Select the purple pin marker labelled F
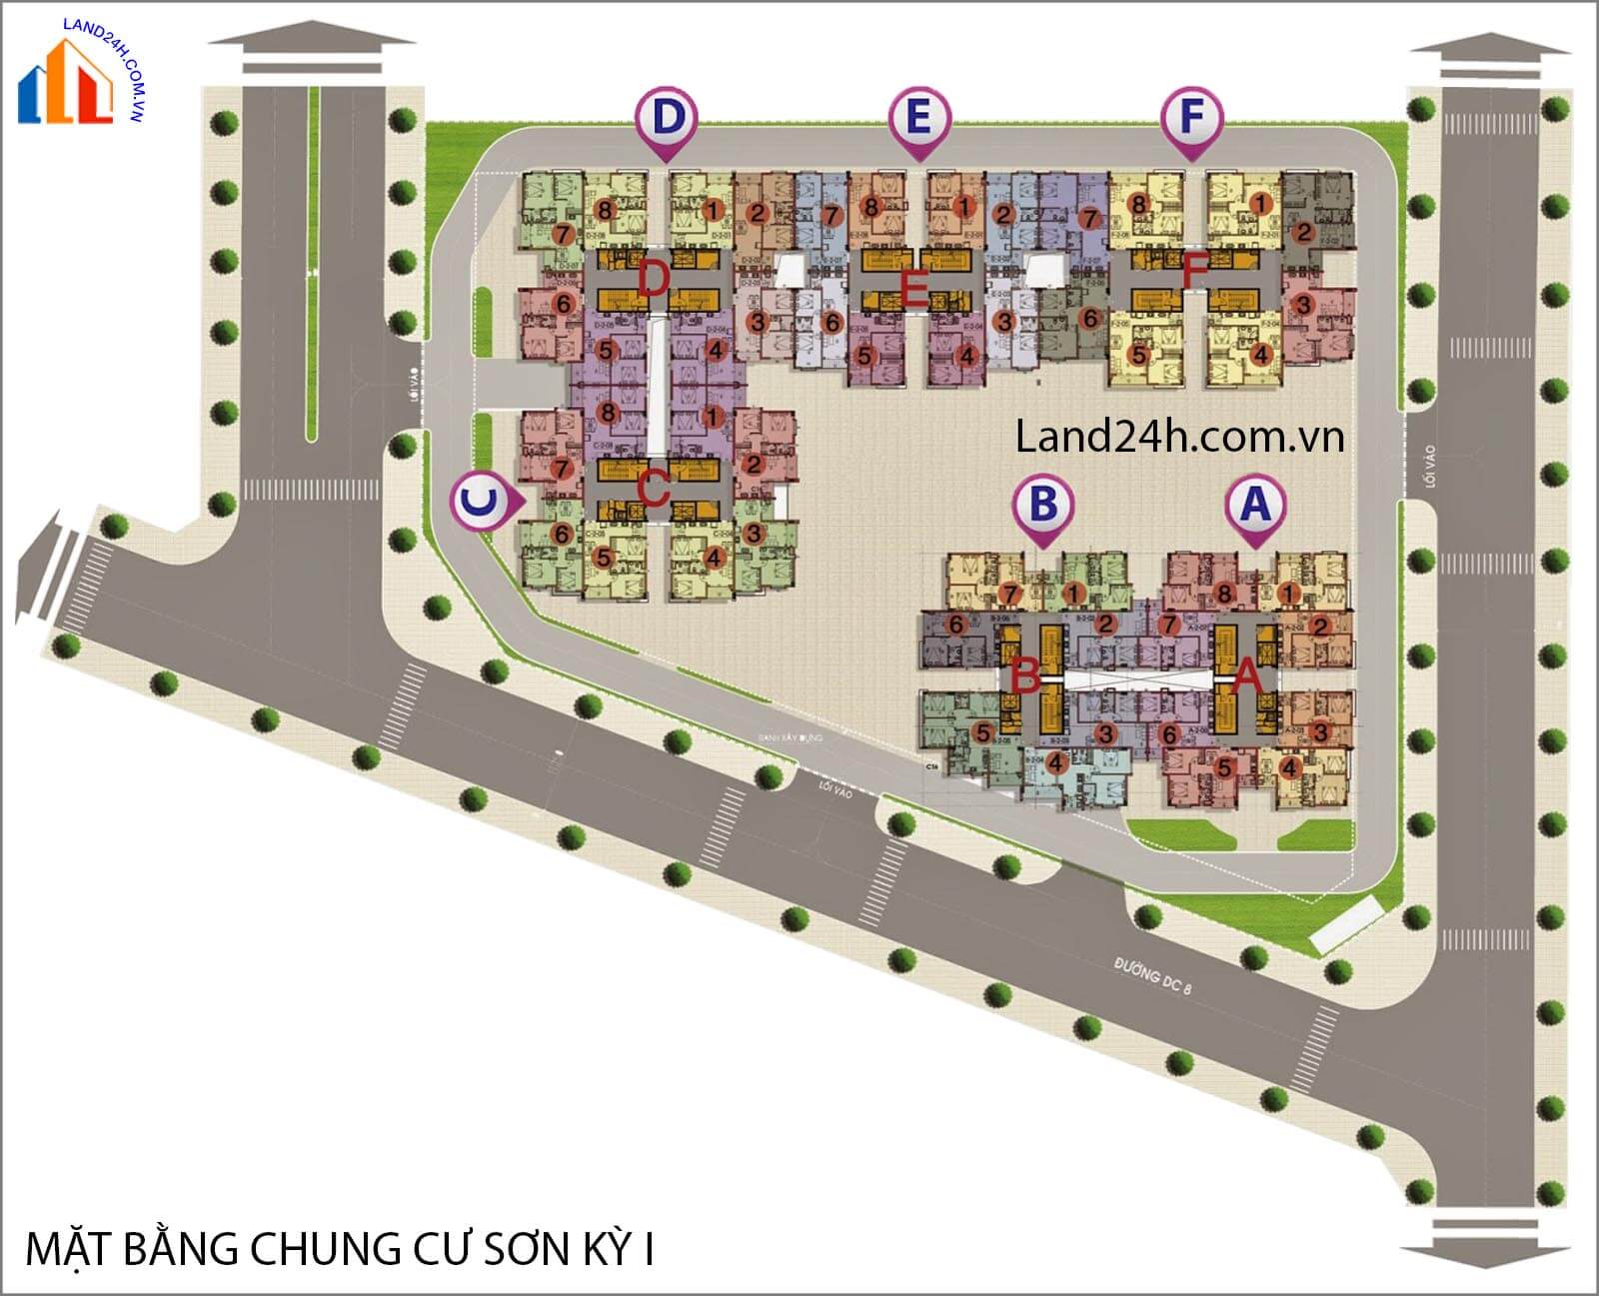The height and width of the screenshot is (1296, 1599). tap(1191, 119)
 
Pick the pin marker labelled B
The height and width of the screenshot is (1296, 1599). tap(1042, 506)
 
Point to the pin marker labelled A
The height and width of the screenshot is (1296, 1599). tap(1255, 506)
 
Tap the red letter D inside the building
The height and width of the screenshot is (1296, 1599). tap(653, 279)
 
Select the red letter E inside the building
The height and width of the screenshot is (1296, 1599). tap(912, 290)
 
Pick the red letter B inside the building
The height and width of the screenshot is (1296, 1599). tap(1025, 675)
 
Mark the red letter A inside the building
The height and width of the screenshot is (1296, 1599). tap(1247, 675)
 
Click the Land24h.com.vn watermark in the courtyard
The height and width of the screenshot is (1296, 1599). tap(1179, 437)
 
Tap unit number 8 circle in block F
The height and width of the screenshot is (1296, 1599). tap(1138, 204)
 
